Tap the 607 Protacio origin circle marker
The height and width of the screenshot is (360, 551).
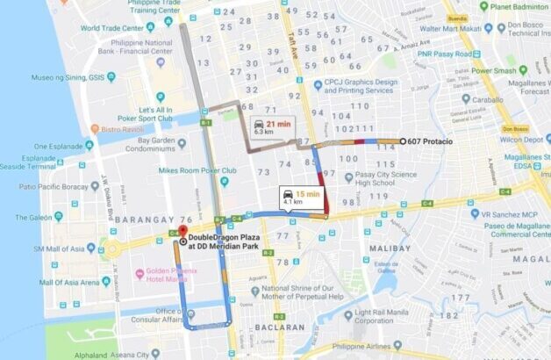[x=403, y=140]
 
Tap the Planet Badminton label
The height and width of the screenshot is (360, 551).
[x=523, y=7]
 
